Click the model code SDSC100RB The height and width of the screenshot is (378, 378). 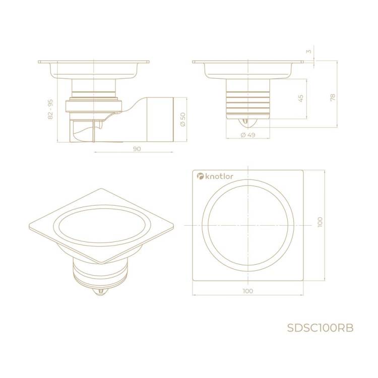pos(320,328)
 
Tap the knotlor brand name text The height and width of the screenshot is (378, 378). pos(219,176)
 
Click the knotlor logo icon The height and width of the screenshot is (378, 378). pos(200,176)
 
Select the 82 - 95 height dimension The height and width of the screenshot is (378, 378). pos(50,109)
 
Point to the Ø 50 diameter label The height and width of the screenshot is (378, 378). pos(183,119)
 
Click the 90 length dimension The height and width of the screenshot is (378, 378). pos(137,149)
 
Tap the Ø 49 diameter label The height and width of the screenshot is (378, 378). pos(248,135)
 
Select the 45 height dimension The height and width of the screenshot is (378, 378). pos(300,98)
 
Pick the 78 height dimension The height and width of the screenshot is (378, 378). pos(333,97)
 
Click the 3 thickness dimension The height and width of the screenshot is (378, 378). pos(309,51)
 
